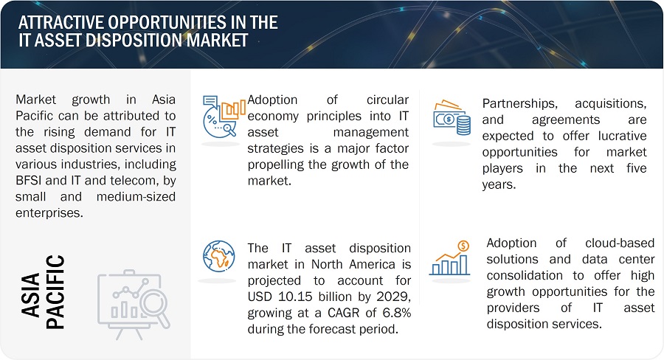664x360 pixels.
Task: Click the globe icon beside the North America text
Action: click(x=219, y=256)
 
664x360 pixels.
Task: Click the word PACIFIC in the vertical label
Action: click(x=55, y=292)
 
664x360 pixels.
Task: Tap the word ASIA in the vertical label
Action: click(x=30, y=295)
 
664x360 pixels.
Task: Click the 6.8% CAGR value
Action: click(x=397, y=313)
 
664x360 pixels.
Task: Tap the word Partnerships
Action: click(x=519, y=104)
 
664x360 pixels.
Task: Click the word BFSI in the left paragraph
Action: click(x=28, y=181)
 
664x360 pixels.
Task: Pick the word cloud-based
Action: click(x=620, y=243)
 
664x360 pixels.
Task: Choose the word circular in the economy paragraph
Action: click(x=387, y=100)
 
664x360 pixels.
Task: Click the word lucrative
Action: click(x=622, y=136)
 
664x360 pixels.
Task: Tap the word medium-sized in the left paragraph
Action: click(x=136, y=197)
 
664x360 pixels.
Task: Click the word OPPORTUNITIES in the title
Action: click(x=170, y=22)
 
